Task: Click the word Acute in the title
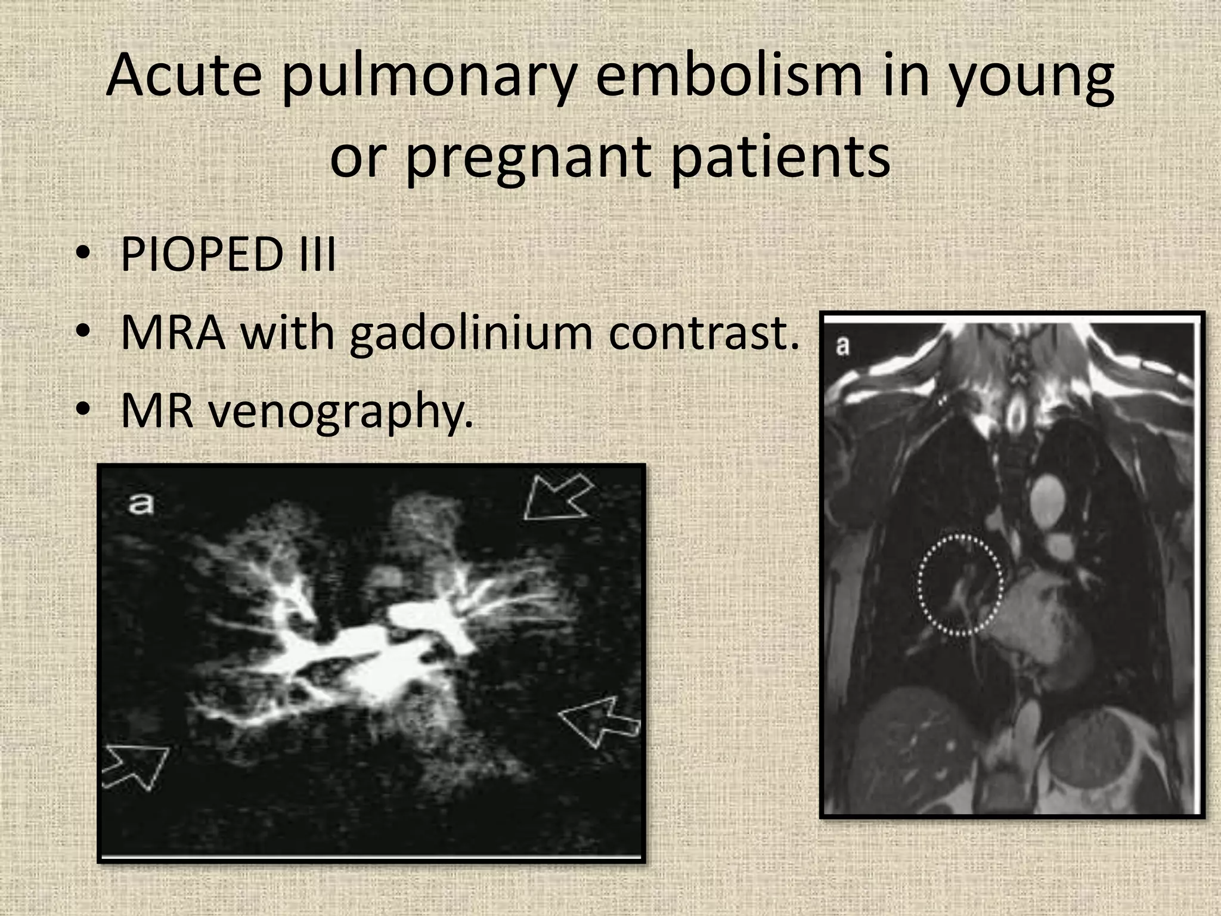click(x=184, y=76)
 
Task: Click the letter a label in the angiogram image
click(x=141, y=504)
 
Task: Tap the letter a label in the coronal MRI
click(x=842, y=345)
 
